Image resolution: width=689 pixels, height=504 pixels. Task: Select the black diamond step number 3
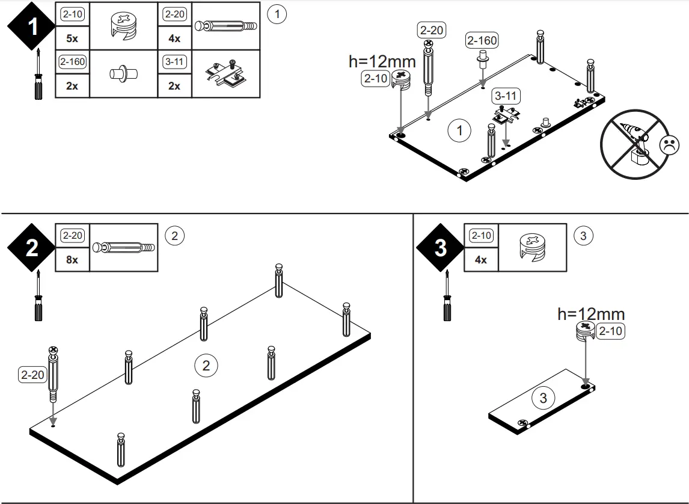click(441, 247)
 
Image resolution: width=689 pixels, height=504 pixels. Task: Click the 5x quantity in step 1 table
click(72, 38)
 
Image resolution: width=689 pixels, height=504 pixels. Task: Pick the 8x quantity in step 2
click(72, 260)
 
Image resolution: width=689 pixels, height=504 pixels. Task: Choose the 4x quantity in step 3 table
click(481, 260)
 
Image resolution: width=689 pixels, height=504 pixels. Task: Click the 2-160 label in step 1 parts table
click(72, 61)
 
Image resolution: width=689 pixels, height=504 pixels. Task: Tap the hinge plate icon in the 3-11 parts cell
click(225, 75)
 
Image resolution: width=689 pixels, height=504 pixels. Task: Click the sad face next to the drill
click(669, 145)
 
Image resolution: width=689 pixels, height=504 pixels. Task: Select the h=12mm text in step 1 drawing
click(382, 61)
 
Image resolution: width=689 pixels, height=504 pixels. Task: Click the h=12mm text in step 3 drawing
click(591, 313)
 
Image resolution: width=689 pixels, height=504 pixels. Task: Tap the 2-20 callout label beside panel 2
click(33, 375)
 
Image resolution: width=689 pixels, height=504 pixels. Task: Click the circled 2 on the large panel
click(206, 365)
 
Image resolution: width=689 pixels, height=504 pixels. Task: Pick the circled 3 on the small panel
click(544, 398)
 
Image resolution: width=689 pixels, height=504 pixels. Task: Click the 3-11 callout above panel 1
click(505, 96)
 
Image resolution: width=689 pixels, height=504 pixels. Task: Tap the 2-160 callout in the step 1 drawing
click(482, 40)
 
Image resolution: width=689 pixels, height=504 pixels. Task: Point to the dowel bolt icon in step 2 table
click(123, 248)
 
